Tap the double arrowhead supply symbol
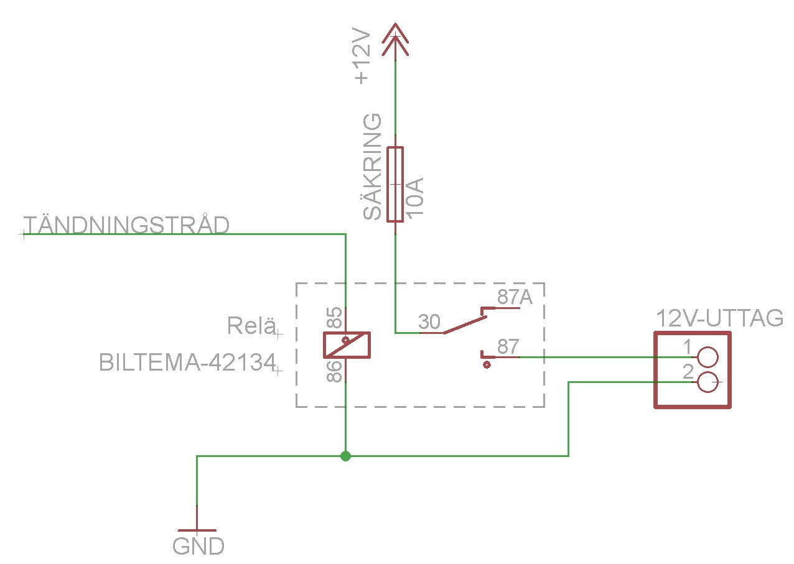pos(395,39)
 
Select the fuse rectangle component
pos(395,184)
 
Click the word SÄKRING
pos(372,167)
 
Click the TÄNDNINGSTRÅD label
pos(126,224)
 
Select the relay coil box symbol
pos(347,345)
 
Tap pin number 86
pos(335,371)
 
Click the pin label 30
pos(429,322)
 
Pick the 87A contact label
pos(515,298)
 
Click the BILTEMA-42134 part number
pos(187,363)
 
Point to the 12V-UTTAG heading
pos(719,318)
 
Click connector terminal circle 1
pos(708,357)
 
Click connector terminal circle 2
pos(708,382)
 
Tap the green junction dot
pos(346,456)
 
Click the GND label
pos(198,547)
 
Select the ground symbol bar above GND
pos(197,532)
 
